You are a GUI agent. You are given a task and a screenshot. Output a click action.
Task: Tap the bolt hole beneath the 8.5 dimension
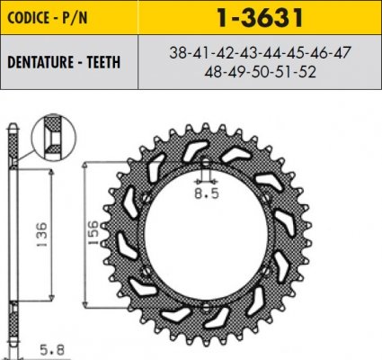208,175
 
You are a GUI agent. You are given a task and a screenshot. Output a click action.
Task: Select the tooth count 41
201,52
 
